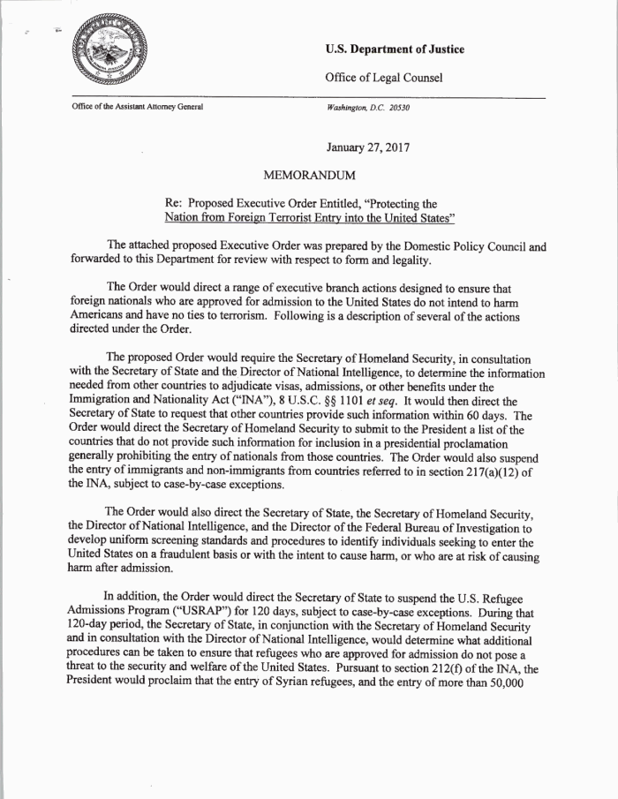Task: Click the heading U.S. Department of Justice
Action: tap(395, 49)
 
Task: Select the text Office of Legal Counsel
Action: tap(384, 79)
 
